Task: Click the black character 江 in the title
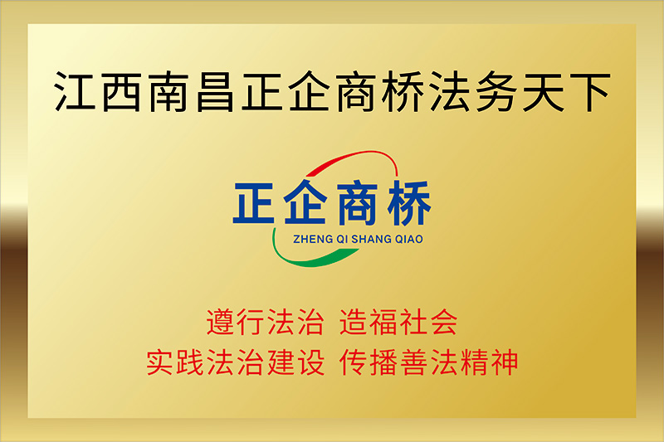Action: click(x=75, y=91)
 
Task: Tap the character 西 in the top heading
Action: click(x=122, y=92)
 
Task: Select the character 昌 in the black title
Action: click(x=215, y=92)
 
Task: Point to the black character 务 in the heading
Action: click(x=497, y=92)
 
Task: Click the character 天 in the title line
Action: click(x=544, y=92)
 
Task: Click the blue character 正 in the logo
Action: click(x=254, y=202)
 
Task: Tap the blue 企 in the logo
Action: click(x=305, y=202)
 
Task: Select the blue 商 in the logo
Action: click(x=357, y=202)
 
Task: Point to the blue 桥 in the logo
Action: click(x=408, y=202)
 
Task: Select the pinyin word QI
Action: click(x=342, y=240)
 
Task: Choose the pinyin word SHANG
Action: click(x=372, y=240)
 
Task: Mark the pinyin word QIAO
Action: click(x=409, y=240)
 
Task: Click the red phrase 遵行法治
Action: click(x=266, y=323)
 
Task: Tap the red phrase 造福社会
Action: click(x=398, y=323)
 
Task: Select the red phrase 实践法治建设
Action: click(x=236, y=362)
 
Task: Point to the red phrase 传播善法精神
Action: click(x=428, y=362)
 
